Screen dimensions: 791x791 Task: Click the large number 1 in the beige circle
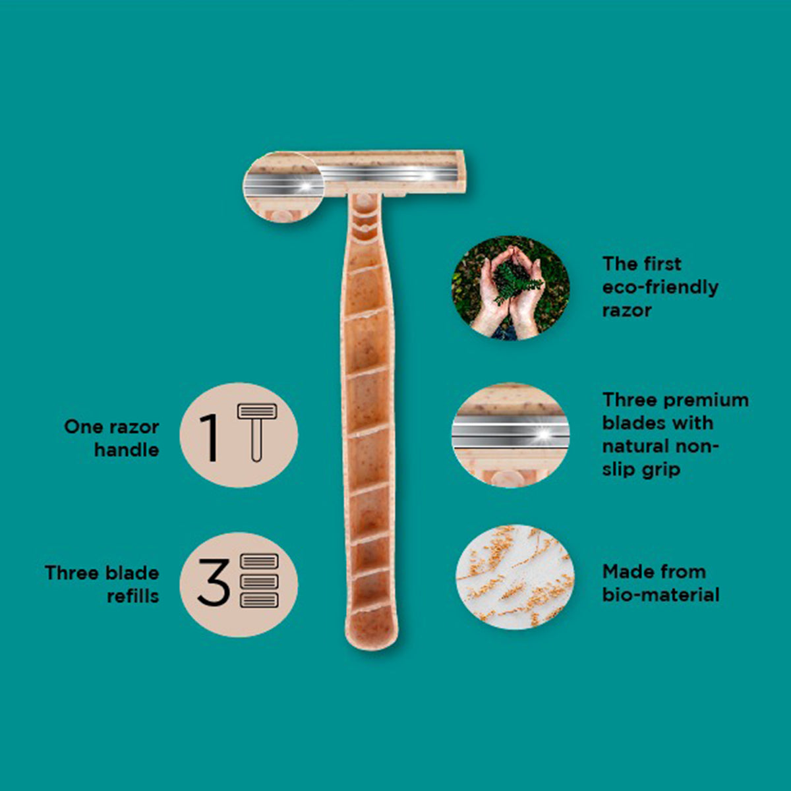coord(210,438)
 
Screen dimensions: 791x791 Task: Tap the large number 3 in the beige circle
coord(213,582)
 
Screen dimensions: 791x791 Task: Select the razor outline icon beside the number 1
coord(257,432)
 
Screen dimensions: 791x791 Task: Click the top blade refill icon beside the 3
coord(260,561)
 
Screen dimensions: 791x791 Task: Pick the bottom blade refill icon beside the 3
coord(260,600)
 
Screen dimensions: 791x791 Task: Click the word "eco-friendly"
coord(660,287)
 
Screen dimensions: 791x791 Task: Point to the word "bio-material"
coord(660,595)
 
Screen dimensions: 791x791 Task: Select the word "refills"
coord(133,596)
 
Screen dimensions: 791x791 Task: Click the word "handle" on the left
coord(127,450)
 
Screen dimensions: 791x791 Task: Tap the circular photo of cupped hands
coord(511,288)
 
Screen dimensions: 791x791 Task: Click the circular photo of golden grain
coord(515,577)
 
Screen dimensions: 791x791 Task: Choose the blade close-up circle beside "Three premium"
coord(511,435)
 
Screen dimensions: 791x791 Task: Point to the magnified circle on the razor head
coord(283,187)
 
